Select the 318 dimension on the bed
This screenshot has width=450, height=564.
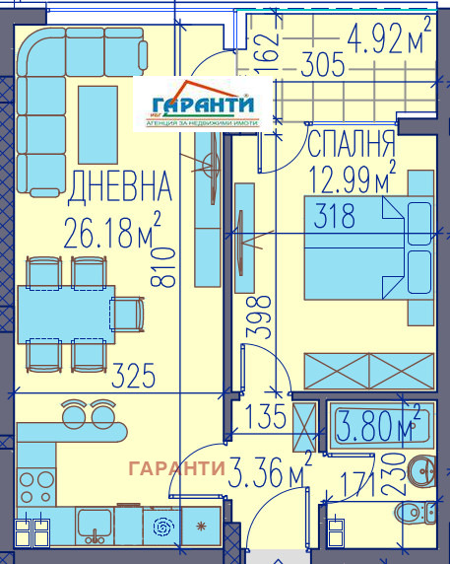(x=334, y=218)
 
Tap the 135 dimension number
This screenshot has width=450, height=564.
(x=264, y=414)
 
